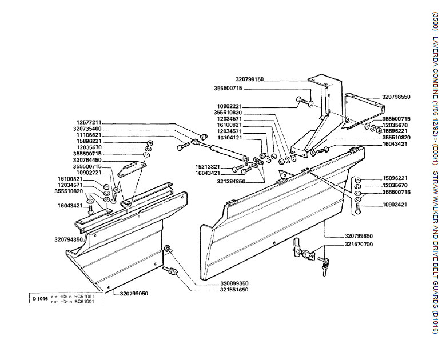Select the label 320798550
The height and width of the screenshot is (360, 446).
(396, 97)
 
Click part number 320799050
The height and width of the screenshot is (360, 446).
(134, 293)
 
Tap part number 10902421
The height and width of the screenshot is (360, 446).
(396, 204)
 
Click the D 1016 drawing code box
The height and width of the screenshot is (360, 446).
(40, 298)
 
